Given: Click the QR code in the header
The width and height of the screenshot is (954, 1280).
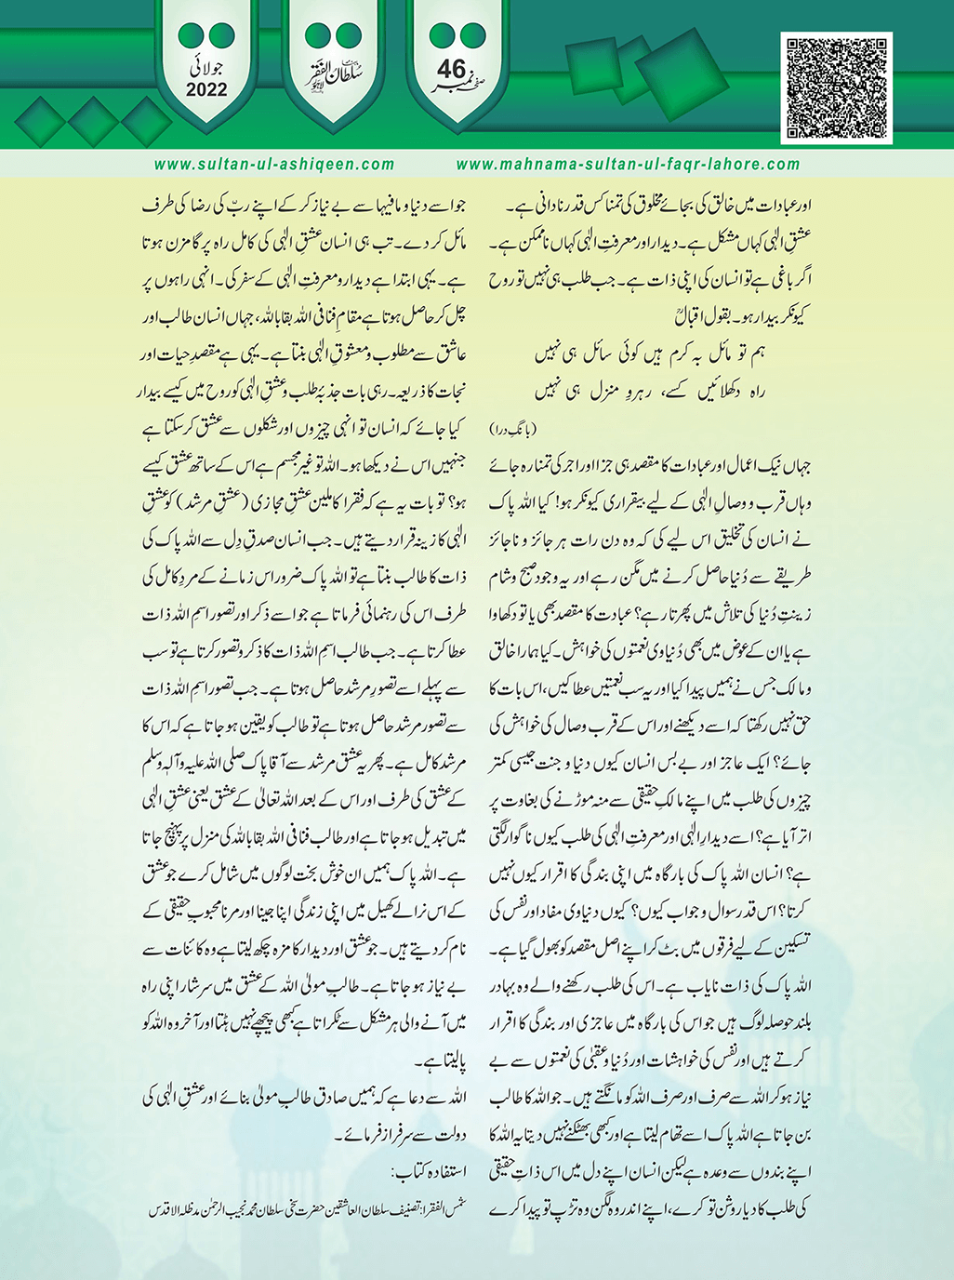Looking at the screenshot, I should click(840, 87).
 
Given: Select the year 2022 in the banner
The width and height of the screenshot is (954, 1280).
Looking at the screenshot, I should click(205, 89).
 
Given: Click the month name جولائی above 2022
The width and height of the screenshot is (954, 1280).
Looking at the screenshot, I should click(205, 69).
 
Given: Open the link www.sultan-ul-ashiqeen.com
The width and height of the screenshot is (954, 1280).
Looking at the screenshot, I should click(274, 165).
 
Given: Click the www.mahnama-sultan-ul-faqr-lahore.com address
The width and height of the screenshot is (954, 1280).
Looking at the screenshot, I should click(628, 165).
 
